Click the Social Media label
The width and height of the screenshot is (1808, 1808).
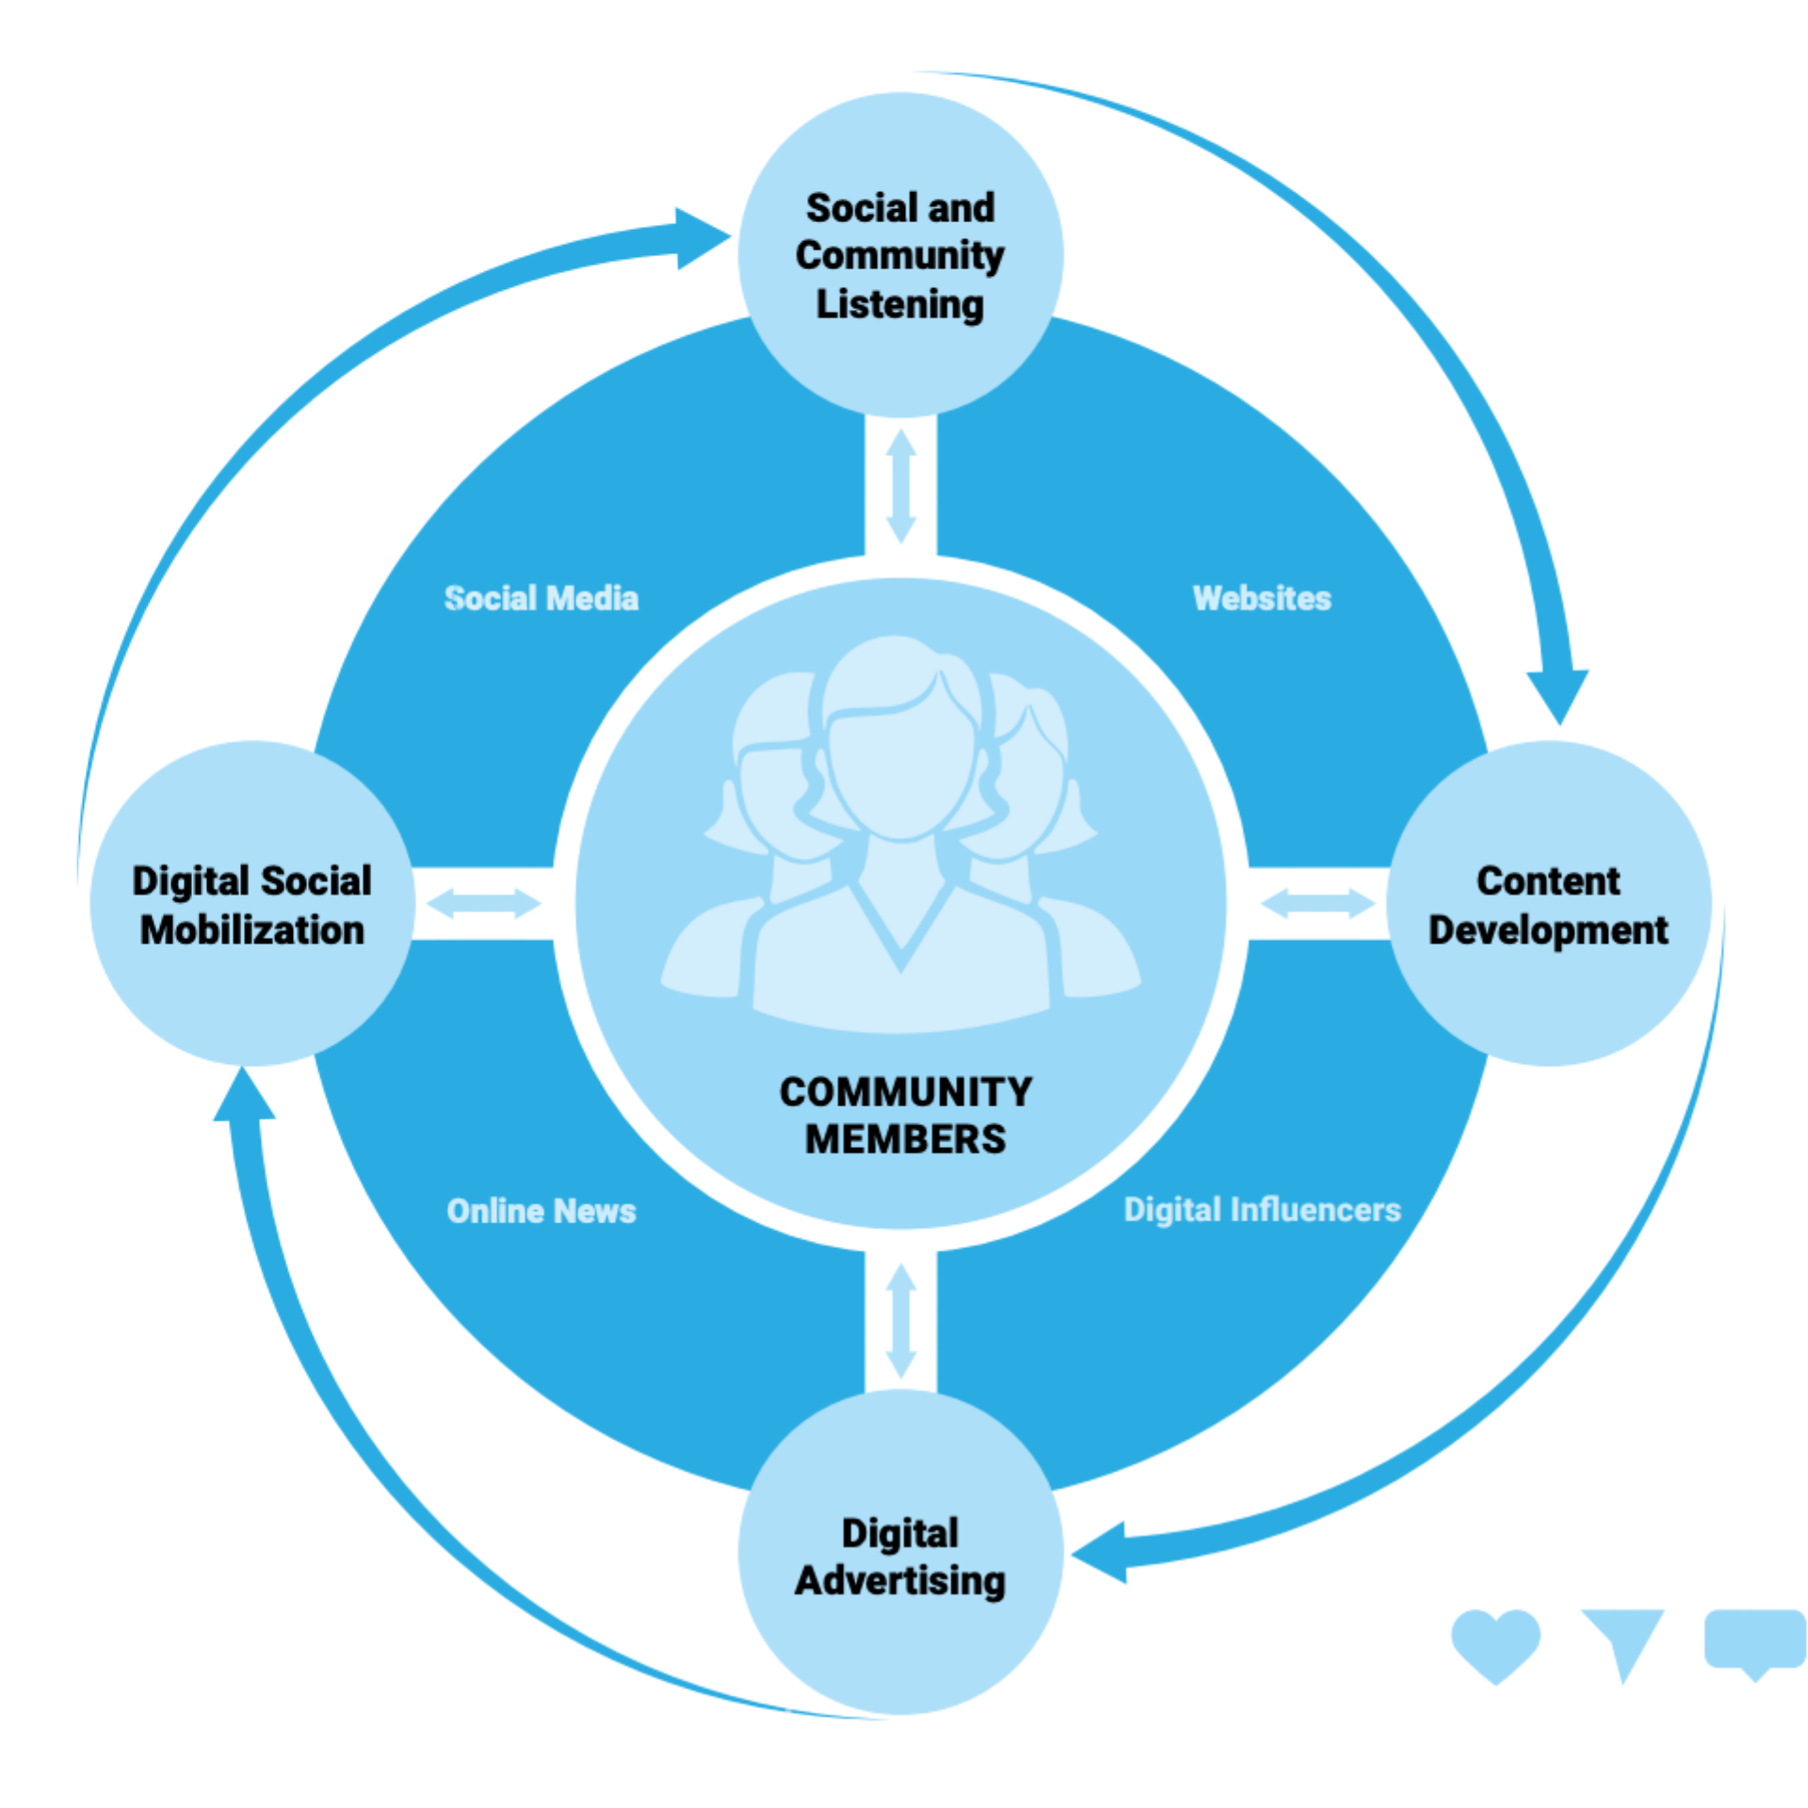541,598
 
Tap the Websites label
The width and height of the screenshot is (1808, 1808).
1261,598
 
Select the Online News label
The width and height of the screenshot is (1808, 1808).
541,1210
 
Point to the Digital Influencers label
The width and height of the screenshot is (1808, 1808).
1262,1209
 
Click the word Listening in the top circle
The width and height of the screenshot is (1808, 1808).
899,304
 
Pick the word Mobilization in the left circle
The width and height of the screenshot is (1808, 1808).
252,929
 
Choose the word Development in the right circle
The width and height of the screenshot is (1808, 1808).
1547,929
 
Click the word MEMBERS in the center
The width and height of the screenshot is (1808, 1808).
905,1138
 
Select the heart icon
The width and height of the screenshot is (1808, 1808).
1495,1643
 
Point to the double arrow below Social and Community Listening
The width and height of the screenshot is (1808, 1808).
901,486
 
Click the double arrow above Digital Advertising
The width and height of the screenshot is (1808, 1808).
901,1320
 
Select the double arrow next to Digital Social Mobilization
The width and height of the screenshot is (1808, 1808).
483,903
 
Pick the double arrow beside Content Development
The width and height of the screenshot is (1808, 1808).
1317,903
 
